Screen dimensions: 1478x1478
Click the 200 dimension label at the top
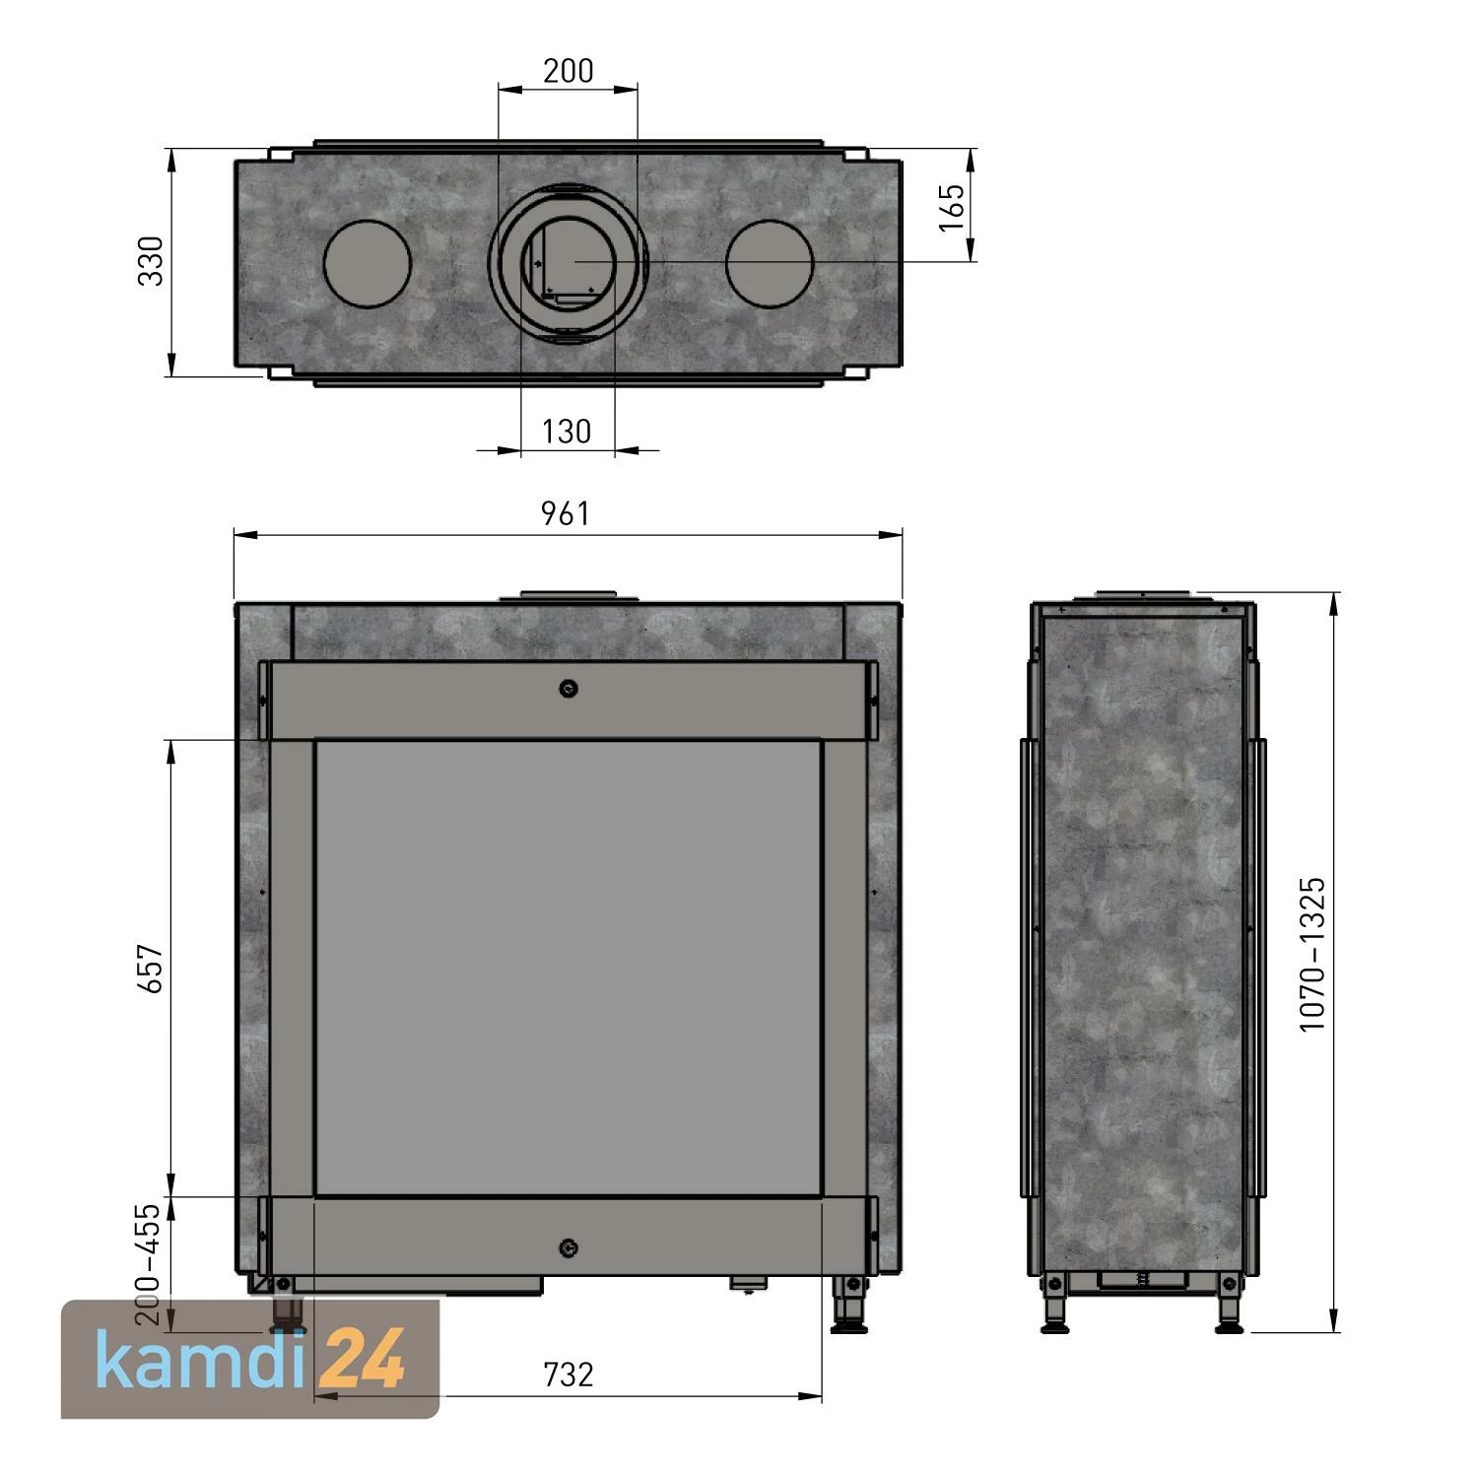pos(569,71)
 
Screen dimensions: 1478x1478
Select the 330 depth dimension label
pos(151,261)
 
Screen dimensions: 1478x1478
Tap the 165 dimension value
pos(952,207)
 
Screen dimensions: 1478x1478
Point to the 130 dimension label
pos(567,432)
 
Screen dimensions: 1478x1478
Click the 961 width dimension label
pos(566,513)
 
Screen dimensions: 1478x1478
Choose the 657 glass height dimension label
pos(151,968)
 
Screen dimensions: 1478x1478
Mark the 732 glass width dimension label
pos(568,1374)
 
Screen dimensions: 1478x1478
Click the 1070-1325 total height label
pos(1312,954)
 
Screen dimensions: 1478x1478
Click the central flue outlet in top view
pos(568,261)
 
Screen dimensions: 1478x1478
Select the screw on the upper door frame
pos(568,689)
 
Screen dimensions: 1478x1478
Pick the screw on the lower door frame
pos(568,1248)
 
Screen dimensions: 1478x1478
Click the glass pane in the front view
pos(568,968)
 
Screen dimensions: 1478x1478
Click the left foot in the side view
pos(1054,1308)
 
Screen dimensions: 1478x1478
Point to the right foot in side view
pos(1231,1308)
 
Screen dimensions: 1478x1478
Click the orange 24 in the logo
pos(366,1359)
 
